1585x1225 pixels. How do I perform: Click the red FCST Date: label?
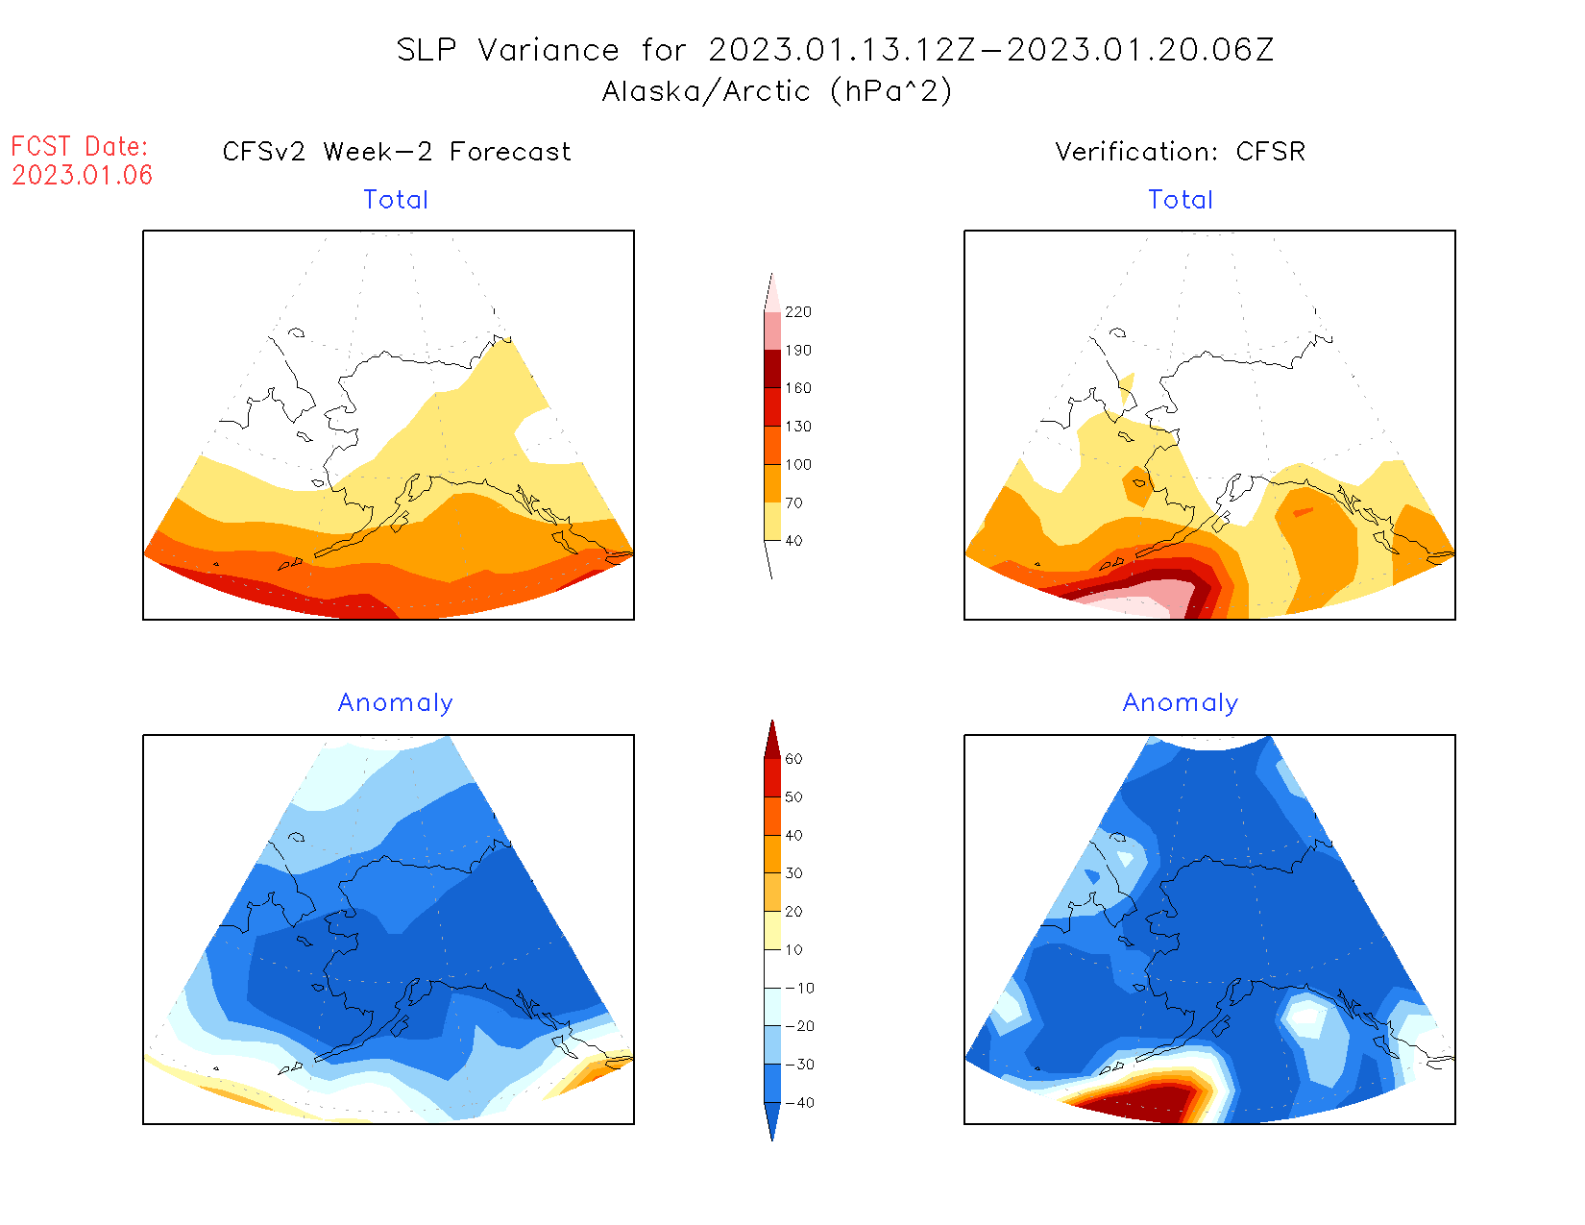click(x=80, y=147)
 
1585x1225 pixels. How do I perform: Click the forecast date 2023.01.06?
click(x=83, y=175)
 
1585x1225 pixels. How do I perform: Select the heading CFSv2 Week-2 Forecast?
click(x=397, y=152)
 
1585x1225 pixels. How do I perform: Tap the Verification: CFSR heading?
click(x=1180, y=152)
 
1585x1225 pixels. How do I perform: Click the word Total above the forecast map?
click(x=396, y=200)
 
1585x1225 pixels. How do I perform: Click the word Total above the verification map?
click(x=1181, y=200)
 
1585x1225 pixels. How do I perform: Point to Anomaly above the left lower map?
click(x=396, y=703)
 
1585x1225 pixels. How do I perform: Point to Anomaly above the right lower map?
click(x=1181, y=703)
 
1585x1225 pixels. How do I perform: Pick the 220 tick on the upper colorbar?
click(x=797, y=312)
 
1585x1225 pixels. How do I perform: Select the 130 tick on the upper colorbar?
click(x=797, y=427)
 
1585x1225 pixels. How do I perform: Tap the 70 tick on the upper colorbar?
click(x=793, y=502)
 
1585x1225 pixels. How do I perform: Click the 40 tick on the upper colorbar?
click(x=793, y=541)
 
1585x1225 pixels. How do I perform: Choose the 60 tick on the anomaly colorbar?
click(x=793, y=759)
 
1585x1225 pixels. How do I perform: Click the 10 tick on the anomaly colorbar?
click(x=793, y=950)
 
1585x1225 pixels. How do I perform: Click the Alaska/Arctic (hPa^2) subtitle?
click(x=777, y=91)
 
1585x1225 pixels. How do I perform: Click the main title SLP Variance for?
click(x=508, y=50)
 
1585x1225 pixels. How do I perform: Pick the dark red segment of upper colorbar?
click(x=772, y=369)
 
